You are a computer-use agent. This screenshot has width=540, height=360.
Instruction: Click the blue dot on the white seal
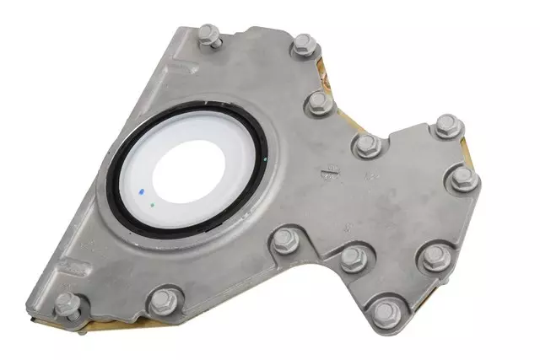(140, 191)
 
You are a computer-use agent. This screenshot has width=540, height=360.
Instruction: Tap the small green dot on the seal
(151, 203)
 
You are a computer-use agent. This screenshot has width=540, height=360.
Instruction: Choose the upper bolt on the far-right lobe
(447, 126)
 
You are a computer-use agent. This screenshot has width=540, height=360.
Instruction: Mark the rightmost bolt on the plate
(462, 178)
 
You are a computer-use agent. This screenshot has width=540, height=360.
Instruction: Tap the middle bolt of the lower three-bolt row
(351, 258)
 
